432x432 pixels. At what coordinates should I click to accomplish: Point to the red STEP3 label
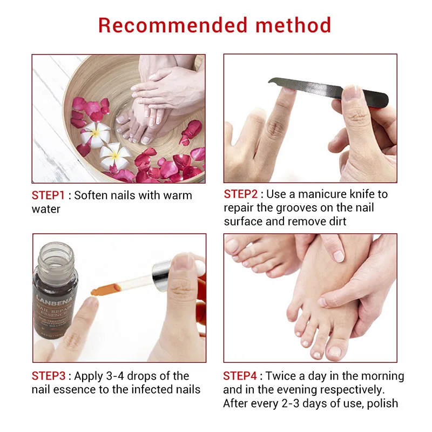tap(50, 376)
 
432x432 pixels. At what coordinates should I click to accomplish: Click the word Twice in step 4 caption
tap(280, 376)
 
